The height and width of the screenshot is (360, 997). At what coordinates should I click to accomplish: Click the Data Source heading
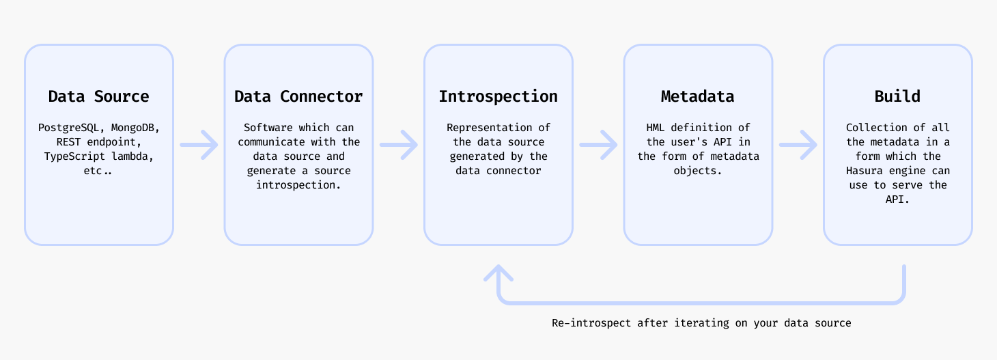98,96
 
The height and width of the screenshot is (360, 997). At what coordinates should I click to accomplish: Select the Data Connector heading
298,96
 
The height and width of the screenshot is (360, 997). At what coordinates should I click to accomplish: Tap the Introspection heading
498,96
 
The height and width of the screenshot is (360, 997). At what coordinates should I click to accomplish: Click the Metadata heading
697,96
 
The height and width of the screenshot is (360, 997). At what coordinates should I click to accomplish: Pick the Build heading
897,96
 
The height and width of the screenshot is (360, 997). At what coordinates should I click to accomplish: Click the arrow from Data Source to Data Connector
199,144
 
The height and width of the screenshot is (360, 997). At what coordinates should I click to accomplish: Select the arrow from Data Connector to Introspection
398,144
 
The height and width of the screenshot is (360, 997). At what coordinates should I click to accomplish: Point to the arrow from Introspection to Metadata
598,144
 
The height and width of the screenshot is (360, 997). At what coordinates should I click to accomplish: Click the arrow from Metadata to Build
798,144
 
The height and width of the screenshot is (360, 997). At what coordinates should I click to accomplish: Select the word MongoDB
135,128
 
